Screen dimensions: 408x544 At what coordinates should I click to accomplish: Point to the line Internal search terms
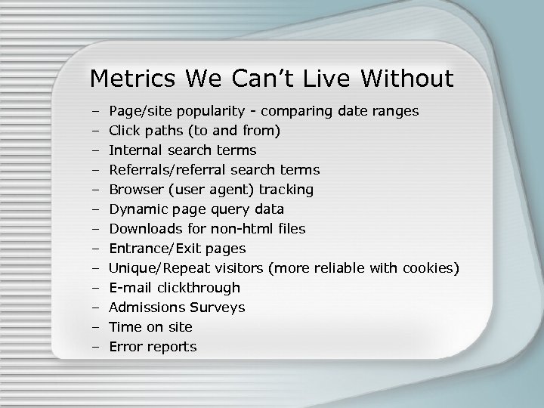point(183,150)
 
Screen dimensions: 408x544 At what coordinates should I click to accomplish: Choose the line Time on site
point(151,326)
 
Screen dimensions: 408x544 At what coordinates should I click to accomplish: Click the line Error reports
point(153,347)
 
